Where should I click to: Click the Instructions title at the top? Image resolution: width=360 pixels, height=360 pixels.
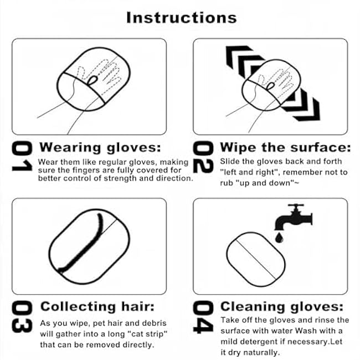pos(181,17)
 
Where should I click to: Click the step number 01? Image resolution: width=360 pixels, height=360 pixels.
pos(20,157)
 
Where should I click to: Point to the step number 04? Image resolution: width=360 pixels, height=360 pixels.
pos(203,317)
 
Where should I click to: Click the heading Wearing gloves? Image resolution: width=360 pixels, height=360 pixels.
pos(100,147)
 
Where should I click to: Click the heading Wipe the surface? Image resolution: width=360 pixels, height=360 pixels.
pos(285,147)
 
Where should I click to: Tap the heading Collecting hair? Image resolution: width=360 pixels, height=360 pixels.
pos(97,307)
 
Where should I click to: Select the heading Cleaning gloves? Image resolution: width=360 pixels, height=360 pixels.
pos(282,307)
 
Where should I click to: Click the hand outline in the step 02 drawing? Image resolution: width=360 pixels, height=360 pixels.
pos(277,78)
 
